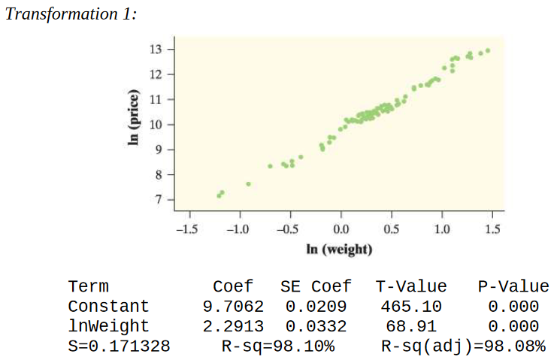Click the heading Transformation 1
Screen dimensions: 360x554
point(71,15)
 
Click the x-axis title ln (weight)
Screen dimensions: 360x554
point(340,248)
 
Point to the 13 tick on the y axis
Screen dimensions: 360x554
point(156,50)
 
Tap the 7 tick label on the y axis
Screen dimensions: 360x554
point(159,200)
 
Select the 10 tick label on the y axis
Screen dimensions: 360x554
point(156,124)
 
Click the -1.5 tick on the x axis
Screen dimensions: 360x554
point(186,228)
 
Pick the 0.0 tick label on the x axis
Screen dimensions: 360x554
point(340,228)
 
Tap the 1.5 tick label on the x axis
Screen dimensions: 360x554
point(493,228)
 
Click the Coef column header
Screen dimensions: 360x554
point(233,286)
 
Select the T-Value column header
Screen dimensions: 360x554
point(410,286)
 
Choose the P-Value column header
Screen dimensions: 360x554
point(513,286)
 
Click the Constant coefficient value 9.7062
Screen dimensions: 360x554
point(233,307)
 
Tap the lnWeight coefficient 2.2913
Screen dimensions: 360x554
point(233,327)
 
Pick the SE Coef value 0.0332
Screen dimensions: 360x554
point(316,327)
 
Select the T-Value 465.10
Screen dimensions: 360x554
point(410,307)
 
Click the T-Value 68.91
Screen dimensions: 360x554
point(410,327)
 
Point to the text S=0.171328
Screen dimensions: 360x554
point(119,346)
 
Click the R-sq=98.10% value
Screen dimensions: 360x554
point(278,346)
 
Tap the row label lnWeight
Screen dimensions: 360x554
point(108,327)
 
